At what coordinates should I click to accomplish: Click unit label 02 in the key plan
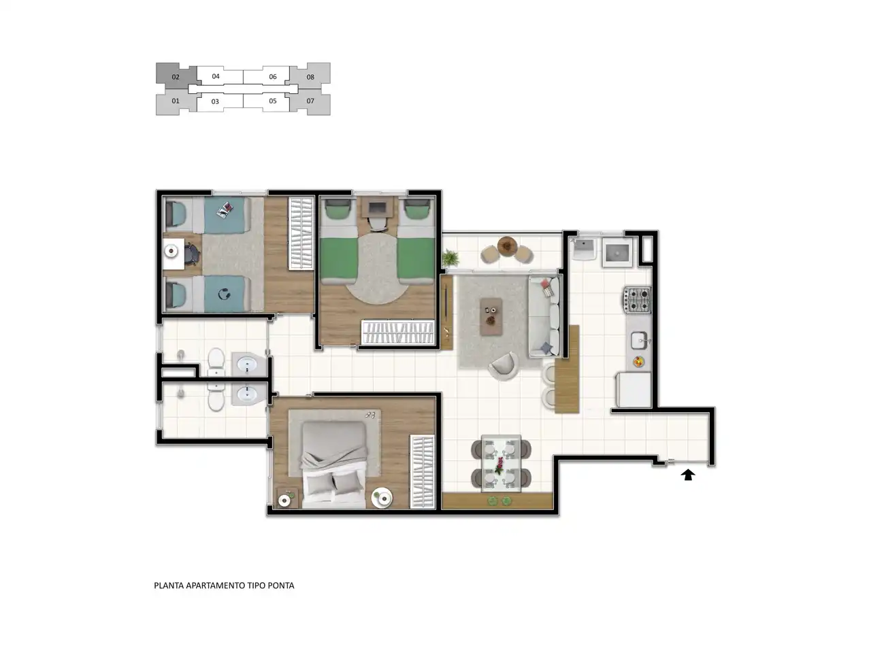pos(176,77)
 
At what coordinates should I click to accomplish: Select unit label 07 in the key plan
pos(310,101)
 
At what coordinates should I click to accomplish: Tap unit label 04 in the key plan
pos(216,76)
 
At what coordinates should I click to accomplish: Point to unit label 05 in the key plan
pos(273,101)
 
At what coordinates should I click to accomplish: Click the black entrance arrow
pos(688,475)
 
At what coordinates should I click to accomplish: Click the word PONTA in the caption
pos(281,586)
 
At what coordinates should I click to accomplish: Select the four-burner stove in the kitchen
pos(637,300)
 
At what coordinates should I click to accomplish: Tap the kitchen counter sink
pos(639,340)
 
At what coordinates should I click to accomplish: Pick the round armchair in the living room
pos(504,367)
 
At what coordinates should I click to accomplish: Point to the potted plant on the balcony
pos(450,258)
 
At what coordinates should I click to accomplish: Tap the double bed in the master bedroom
pos(333,464)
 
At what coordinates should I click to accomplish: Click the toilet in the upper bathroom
pos(216,361)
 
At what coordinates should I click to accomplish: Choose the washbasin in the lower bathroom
pos(247,394)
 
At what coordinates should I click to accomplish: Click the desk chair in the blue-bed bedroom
pos(193,254)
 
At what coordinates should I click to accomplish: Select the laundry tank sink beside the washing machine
pos(583,249)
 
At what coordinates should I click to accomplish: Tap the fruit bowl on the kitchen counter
pos(638,362)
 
